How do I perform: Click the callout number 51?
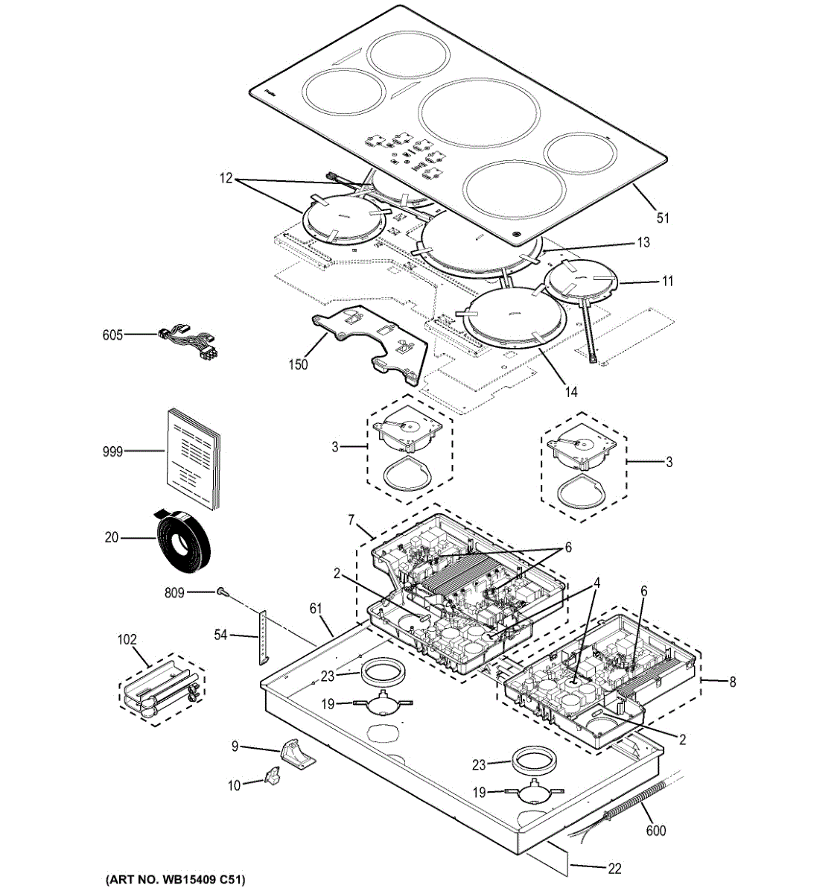click(x=663, y=218)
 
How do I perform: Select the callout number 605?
click(x=112, y=335)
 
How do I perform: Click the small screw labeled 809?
click(x=222, y=592)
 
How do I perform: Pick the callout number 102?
click(x=127, y=639)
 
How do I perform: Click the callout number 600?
click(x=656, y=831)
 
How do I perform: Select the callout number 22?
click(x=614, y=869)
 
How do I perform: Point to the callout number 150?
click(x=298, y=364)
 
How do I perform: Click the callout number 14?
click(x=571, y=392)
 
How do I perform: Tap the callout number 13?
click(x=643, y=242)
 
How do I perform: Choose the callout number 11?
click(x=667, y=281)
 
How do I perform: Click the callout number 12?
click(x=226, y=179)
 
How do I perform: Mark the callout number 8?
click(x=732, y=682)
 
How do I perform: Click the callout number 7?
click(x=351, y=519)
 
